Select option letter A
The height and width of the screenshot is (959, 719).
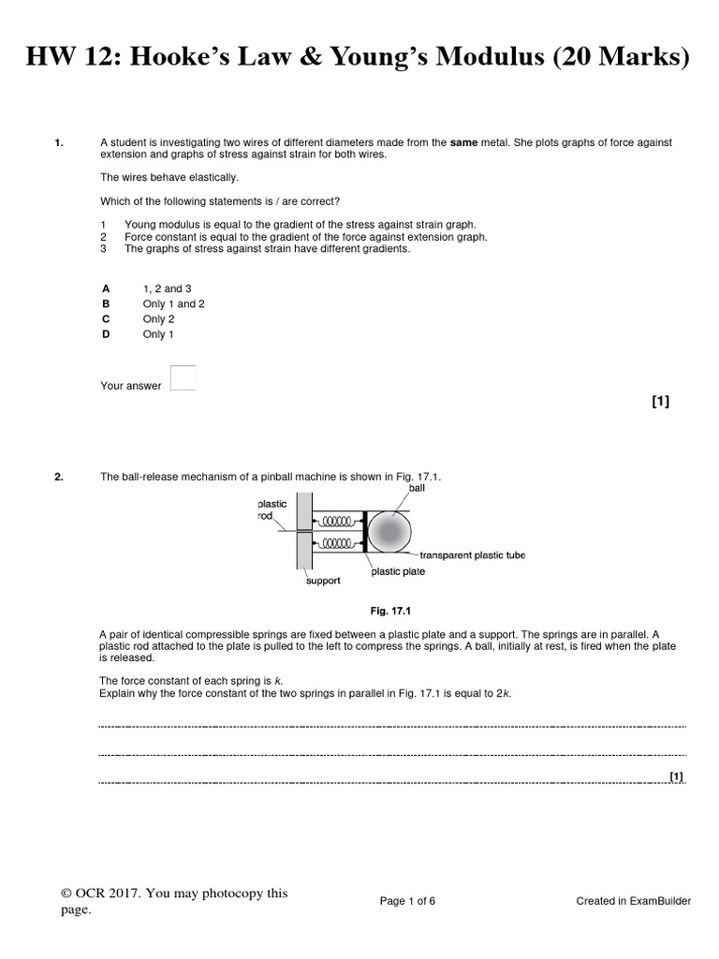(x=106, y=289)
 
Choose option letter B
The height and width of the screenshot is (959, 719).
(x=106, y=304)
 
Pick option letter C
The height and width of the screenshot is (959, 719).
(x=106, y=319)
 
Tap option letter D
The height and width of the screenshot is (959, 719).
(x=106, y=334)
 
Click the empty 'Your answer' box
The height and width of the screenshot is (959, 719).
(x=184, y=377)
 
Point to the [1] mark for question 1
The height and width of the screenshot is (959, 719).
(x=660, y=402)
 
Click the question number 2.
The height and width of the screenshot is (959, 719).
(x=59, y=478)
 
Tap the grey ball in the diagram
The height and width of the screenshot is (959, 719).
(x=389, y=532)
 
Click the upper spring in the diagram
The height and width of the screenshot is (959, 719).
(x=335, y=519)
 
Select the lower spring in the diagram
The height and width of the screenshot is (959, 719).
(x=335, y=543)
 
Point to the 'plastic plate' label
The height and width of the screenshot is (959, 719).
(x=398, y=571)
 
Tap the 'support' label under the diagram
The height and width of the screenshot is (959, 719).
(x=324, y=581)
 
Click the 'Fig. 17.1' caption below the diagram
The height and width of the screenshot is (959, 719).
(x=390, y=611)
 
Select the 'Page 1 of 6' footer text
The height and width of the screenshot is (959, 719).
(x=407, y=901)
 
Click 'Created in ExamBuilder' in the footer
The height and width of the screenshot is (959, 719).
(x=633, y=901)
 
